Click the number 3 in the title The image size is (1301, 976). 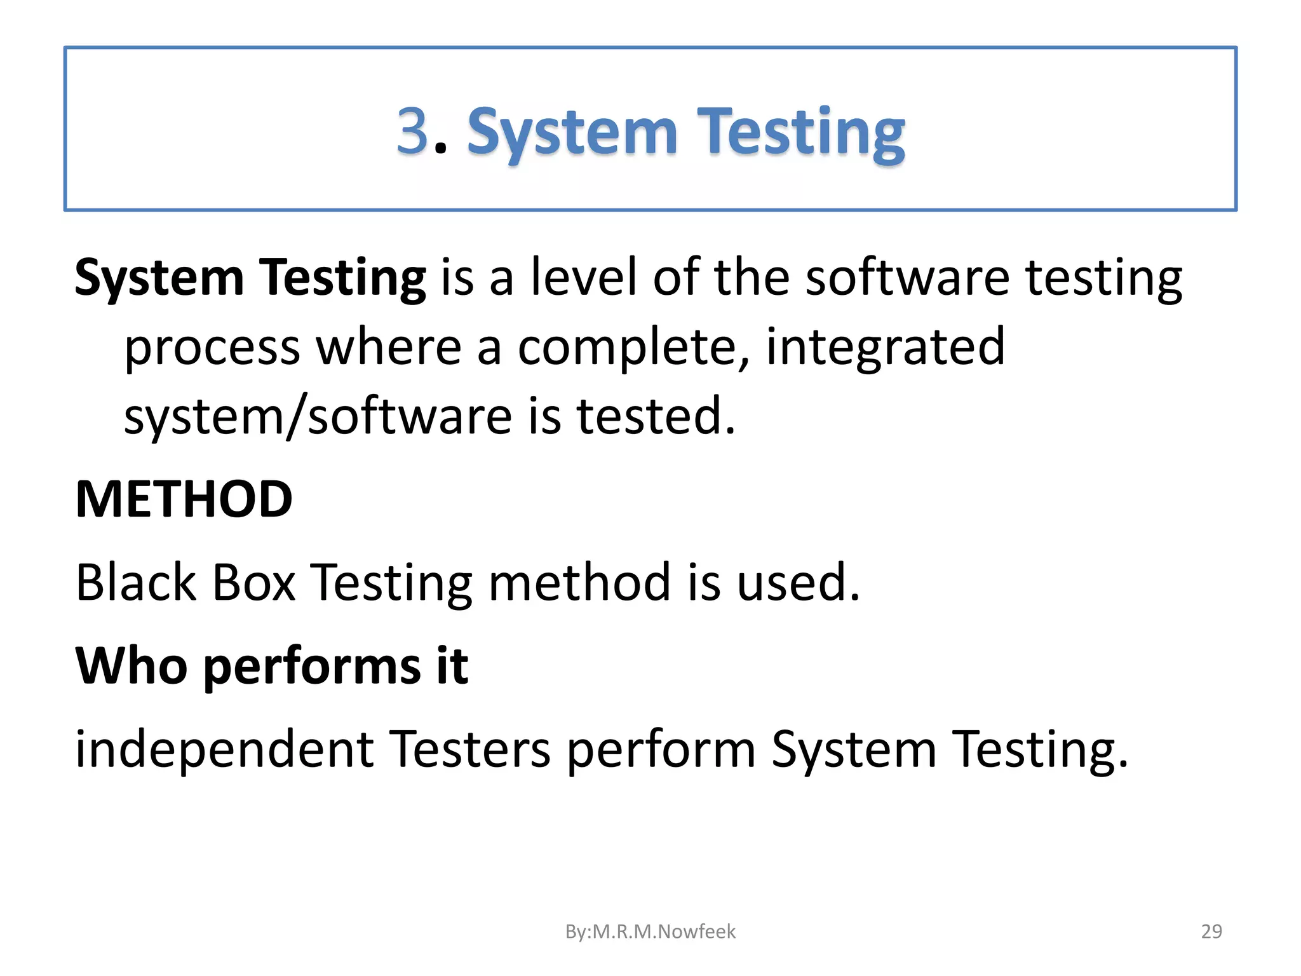[x=413, y=131]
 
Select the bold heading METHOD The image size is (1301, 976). [x=184, y=499]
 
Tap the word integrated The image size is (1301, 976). [x=886, y=348]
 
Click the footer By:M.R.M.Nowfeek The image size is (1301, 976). [x=650, y=932]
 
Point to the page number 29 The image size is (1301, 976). [x=1211, y=932]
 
